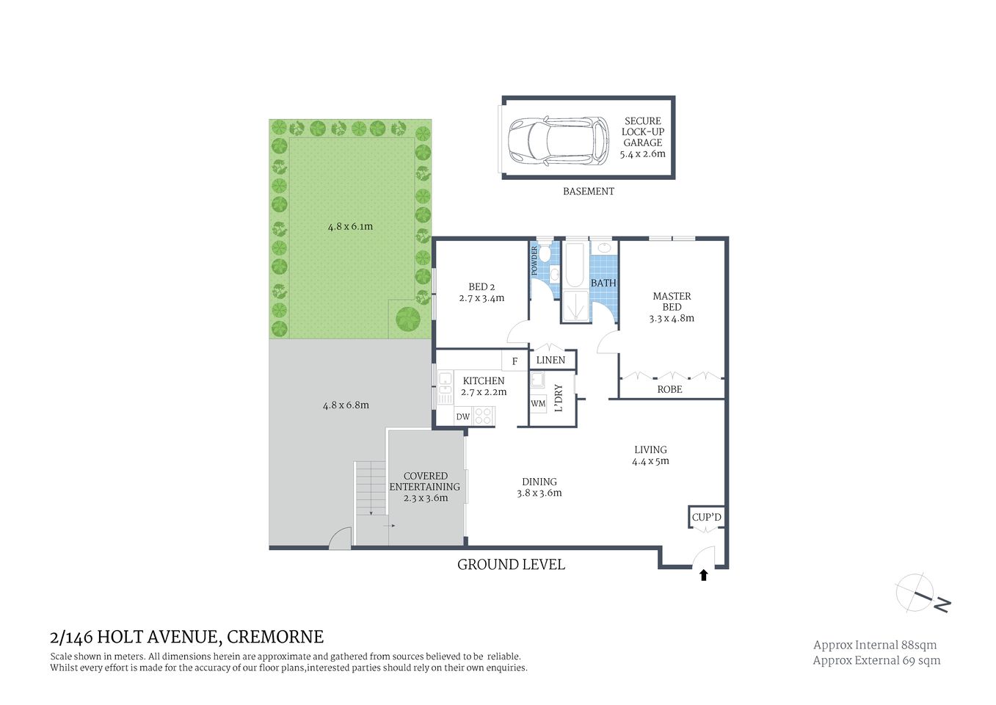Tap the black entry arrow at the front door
point(703,575)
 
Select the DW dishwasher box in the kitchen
point(463,416)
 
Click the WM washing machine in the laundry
point(538,403)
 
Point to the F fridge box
point(515,361)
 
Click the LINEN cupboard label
point(550,360)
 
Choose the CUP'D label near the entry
point(706,517)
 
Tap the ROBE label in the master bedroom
point(669,389)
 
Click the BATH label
point(603,283)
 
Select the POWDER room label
point(534,261)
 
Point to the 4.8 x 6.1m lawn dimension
point(350,226)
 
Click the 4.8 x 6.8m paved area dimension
point(346,405)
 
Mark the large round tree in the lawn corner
point(408,319)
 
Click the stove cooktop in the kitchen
point(483,416)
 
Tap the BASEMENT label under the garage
point(588,191)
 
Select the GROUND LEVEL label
point(511,564)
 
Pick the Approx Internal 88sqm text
point(874,645)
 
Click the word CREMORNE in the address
point(275,637)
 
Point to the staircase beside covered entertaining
point(370,488)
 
